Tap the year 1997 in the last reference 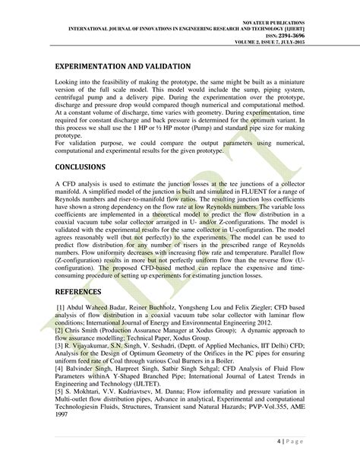pyautogui.click(x=65, y=417)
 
